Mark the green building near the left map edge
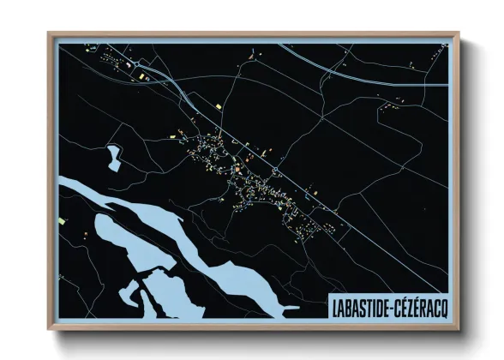click(x=63, y=220)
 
